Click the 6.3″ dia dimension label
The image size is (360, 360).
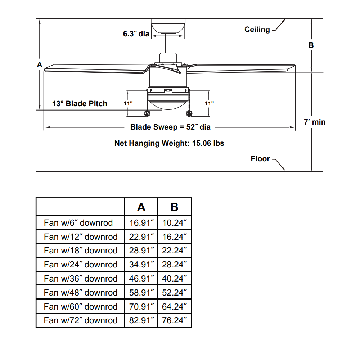pos(136,34)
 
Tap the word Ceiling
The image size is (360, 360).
pos(257,30)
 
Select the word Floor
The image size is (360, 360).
pos(260,159)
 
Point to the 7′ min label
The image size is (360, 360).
pos(315,122)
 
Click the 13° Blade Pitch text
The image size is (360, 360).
pos(80,104)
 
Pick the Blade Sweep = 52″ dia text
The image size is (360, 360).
pos(170,127)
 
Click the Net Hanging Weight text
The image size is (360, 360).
pos(169,143)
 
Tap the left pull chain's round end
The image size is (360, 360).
pos(147,113)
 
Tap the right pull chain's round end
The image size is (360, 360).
pos(189,113)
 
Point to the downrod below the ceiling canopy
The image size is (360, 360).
pos(168,44)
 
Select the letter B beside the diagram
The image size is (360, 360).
pos(311,45)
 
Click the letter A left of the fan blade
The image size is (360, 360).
pos(40,65)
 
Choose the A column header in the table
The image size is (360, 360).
pos(141,207)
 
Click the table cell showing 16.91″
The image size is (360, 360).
pos(141,223)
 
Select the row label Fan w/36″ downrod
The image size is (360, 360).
pos(81,279)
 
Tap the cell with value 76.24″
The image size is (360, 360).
pos(175,320)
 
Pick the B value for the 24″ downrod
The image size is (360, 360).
pos(175,265)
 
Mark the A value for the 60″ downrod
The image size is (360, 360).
pos(141,306)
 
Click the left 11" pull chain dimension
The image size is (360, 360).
pos(128,104)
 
